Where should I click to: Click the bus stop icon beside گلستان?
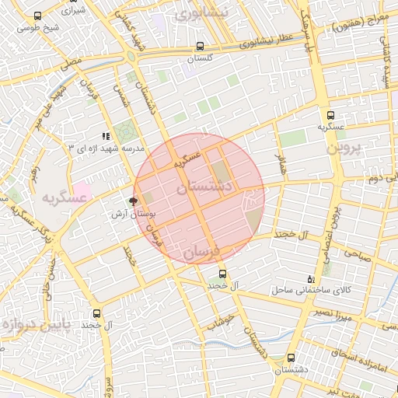(201, 46)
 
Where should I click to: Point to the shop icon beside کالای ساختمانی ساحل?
(311, 279)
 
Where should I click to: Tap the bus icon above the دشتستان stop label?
(291, 358)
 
